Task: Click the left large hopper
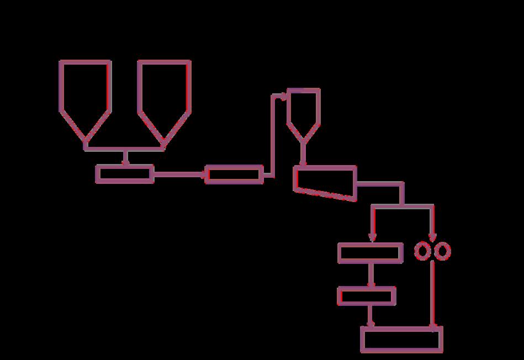tap(84, 94)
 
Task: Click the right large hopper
tap(164, 94)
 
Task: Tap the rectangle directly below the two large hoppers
tap(125, 174)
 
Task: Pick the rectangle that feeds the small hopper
tap(234, 174)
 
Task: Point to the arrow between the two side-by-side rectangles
tap(179, 174)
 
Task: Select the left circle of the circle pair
tap(422, 252)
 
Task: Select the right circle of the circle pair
tap(443, 252)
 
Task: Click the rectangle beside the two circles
tap(370, 252)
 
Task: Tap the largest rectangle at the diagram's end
tap(401, 339)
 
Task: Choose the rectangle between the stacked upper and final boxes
tap(367, 296)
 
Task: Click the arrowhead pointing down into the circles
tap(432, 237)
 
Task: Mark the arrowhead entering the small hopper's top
tap(283, 96)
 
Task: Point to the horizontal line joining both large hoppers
tap(125, 149)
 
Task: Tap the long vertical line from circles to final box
tap(432, 293)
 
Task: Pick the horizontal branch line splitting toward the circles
tap(402, 206)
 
